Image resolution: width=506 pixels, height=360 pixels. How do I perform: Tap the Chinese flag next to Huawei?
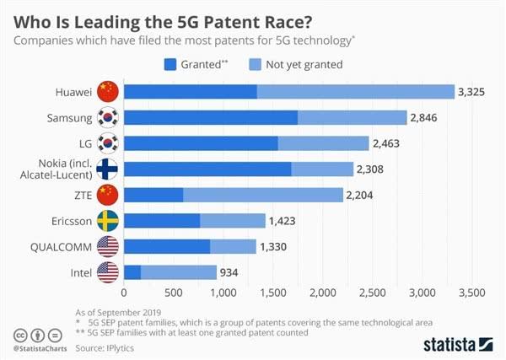click(108, 91)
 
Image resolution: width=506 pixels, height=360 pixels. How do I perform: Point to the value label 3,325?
click(473, 91)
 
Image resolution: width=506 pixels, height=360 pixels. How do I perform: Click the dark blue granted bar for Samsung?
click(210, 117)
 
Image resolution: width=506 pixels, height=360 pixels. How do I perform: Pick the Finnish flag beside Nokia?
click(108, 169)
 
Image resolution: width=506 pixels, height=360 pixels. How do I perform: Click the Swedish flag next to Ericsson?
click(108, 221)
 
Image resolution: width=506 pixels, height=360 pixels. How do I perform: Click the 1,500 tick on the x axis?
click(272, 293)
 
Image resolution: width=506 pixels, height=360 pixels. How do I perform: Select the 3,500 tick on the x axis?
click(471, 293)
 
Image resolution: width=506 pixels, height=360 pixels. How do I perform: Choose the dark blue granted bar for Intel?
click(132, 272)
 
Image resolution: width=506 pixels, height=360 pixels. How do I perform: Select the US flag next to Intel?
click(108, 272)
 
